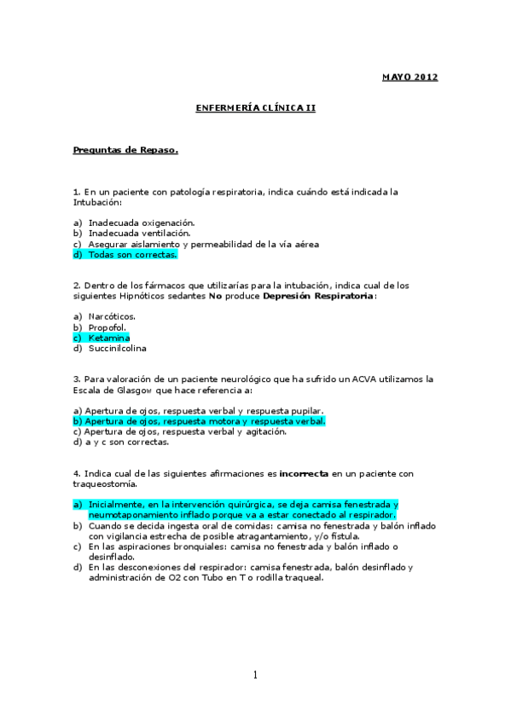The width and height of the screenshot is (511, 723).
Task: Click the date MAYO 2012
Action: click(x=409, y=78)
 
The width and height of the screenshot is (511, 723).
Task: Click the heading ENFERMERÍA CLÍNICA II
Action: click(x=255, y=109)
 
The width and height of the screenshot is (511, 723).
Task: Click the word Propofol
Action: click(x=107, y=327)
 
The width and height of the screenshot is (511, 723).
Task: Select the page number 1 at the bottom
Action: click(x=255, y=675)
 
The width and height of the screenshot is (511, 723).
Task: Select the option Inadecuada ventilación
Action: click(x=139, y=233)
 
